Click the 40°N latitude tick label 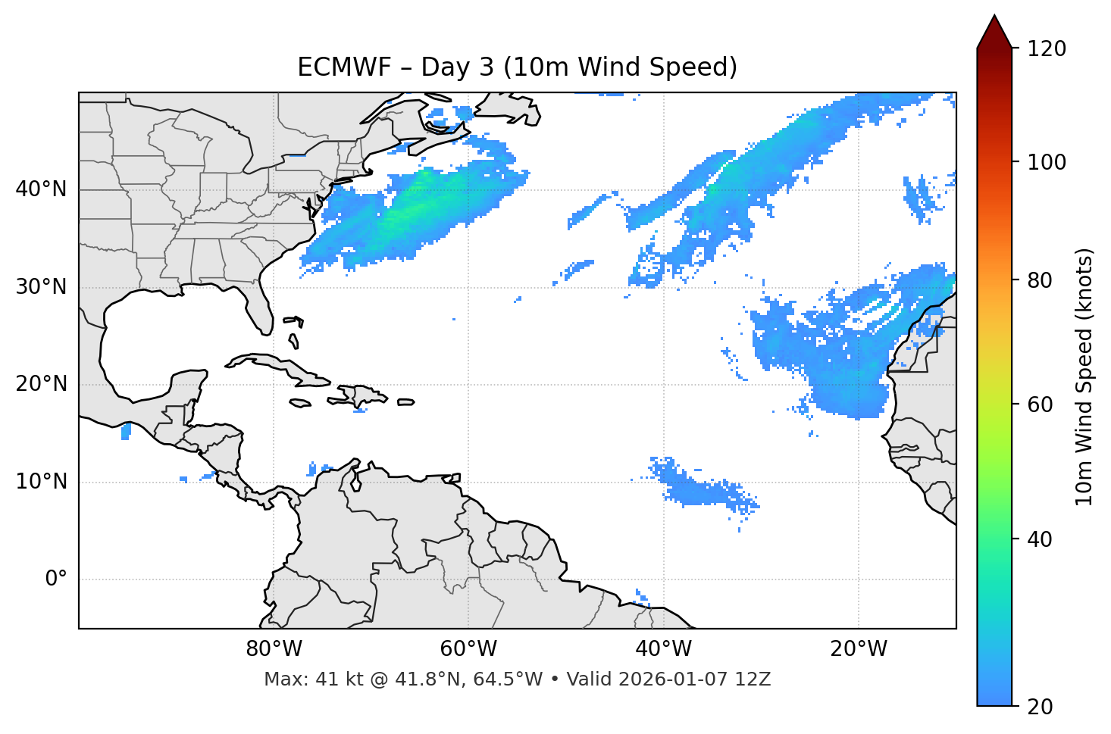[x=41, y=189]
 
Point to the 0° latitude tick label [x=56, y=579]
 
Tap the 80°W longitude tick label [x=274, y=649]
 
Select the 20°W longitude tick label [x=858, y=649]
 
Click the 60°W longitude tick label [x=468, y=649]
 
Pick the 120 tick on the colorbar [x=1047, y=49]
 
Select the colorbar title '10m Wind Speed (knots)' [x=1084, y=376]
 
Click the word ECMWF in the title [x=343, y=67]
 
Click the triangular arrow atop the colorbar [x=994, y=32]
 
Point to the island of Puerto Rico [x=406, y=402]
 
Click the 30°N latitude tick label [x=41, y=287]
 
